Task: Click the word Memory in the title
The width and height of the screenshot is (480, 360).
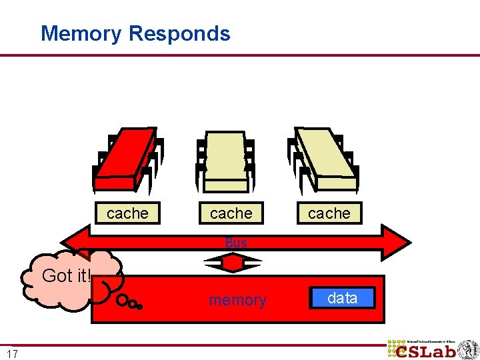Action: coord(81,33)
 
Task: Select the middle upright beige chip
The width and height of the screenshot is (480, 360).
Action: coord(225,160)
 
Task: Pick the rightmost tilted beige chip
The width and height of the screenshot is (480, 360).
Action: coord(325,157)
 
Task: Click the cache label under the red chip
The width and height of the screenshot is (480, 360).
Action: coord(127,213)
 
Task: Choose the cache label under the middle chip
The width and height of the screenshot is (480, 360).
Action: coord(231,213)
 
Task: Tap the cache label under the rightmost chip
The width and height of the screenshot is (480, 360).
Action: coord(329,213)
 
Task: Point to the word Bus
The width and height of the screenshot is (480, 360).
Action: coord(236,243)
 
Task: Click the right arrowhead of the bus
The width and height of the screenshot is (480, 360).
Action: coord(399,242)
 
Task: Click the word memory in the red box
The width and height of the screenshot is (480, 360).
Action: coord(237,301)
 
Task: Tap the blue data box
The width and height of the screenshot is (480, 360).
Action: coord(343,298)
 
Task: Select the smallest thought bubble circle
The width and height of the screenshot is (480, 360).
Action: coord(139,307)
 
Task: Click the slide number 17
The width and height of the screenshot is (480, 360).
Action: coord(12,354)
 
